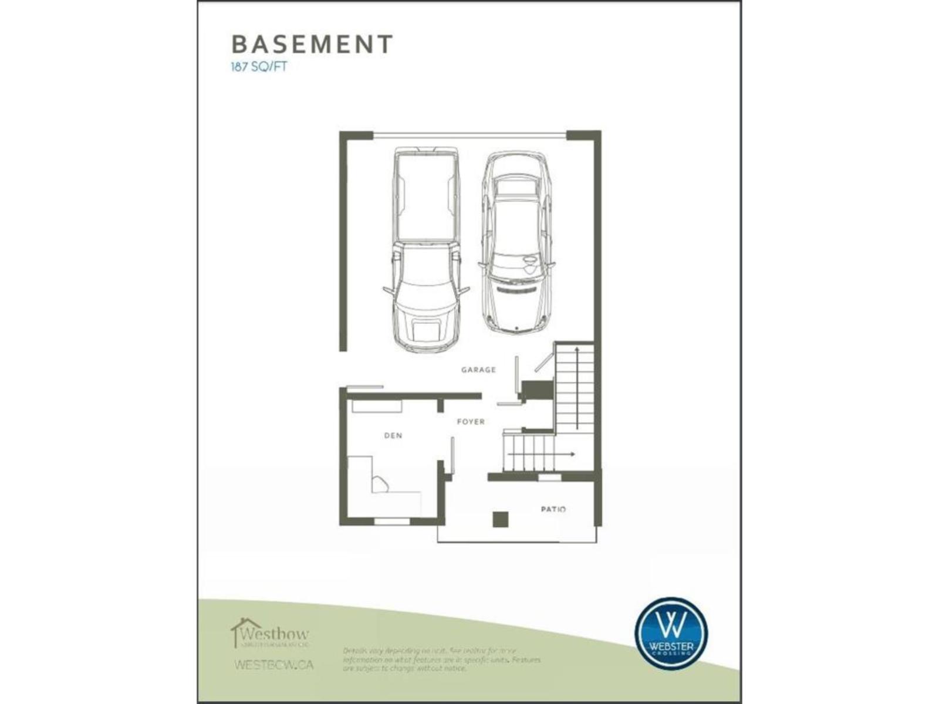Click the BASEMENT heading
click(x=312, y=45)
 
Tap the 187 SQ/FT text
click(x=259, y=66)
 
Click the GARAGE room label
click(x=478, y=370)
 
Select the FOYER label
click(x=471, y=421)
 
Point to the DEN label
click(x=393, y=435)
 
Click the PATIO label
click(x=553, y=509)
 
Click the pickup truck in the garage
click(x=426, y=249)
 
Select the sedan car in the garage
click(x=516, y=241)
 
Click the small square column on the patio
click(x=500, y=519)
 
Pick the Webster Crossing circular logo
click(x=671, y=633)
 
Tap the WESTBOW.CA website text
click(x=273, y=665)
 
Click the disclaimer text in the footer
click(x=441, y=659)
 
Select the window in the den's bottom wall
click(x=392, y=520)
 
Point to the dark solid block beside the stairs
click(x=538, y=389)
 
